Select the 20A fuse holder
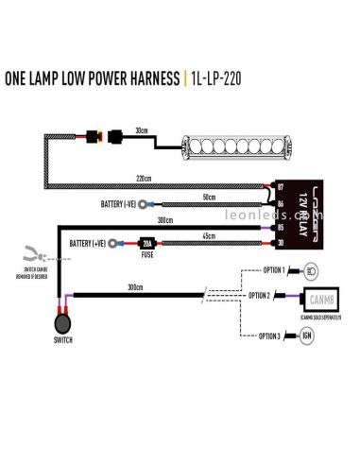pos(147,242)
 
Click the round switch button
pos(62,326)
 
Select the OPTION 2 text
pos(261,296)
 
